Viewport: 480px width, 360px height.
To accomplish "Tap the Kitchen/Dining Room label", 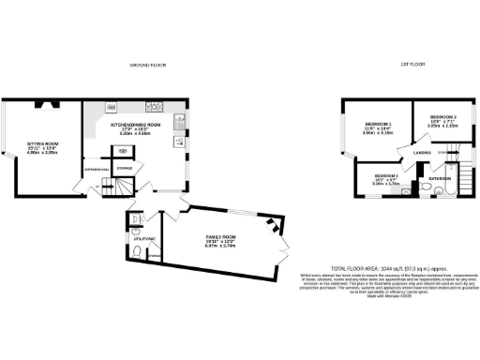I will point(137,124).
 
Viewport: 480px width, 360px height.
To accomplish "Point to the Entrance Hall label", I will point(97,169).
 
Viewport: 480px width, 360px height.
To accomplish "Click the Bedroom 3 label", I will point(387,176).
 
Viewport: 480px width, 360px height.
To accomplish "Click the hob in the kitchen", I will point(153,105).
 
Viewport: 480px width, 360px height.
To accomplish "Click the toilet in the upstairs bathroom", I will point(426,190).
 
